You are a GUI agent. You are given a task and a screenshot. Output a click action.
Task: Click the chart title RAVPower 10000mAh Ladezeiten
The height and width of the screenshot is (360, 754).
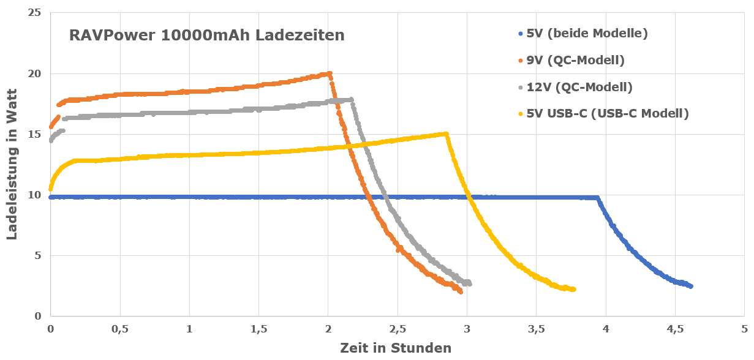[x=206, y=35]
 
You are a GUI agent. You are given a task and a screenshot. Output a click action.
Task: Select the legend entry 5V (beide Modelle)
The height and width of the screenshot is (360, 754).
[x=587, y=33]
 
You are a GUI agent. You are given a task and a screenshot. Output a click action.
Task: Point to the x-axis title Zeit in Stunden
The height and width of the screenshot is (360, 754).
[x=396, y=348]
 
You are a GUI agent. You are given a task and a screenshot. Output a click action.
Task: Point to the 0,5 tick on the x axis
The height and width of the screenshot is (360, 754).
[x=120, y=329]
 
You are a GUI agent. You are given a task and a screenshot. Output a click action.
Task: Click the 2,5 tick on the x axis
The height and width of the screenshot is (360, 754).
[x=398, y=329]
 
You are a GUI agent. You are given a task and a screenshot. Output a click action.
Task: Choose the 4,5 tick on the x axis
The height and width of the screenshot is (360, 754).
[x=675, y=329]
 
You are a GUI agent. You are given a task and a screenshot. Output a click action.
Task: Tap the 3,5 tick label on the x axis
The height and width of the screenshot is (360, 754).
[x=537, y=329]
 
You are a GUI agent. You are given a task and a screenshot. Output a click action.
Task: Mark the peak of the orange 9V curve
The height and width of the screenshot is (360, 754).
[x=330, y=73]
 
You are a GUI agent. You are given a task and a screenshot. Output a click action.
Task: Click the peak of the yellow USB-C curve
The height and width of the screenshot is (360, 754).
[x=446, y=134]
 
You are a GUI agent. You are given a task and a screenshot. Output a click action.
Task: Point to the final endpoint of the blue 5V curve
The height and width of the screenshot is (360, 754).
[x=691, y=286]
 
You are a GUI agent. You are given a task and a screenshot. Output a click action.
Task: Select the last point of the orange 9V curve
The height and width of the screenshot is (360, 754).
[x=461, y=292]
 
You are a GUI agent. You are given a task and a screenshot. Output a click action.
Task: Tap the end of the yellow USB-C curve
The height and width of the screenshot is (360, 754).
[x=574, y=290]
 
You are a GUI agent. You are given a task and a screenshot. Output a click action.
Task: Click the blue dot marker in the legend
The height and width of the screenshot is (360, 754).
[x=521, y=34]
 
